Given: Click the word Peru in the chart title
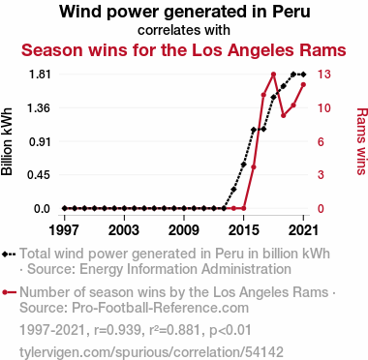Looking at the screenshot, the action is click(x=291, y=12).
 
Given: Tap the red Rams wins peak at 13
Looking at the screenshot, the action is click(x=274, y=75).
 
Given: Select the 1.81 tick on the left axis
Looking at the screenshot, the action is click(x=40, y=75).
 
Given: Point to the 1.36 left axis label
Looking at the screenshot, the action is click(x=40, y=107).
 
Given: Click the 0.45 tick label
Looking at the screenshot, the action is click(x=40, y=175).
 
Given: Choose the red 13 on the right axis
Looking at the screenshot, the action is click(x=323, y=75).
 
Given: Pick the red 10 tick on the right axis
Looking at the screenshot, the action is click(x=323, y=107).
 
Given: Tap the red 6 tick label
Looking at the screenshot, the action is click(x=321, y=141).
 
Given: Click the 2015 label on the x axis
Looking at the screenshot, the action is click(x=244, y=230).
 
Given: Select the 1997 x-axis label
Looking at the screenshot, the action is click(x=65, y=230).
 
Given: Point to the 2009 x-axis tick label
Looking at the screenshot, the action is click(x=184, y=230).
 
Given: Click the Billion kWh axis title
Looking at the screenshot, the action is click(x=7, y=141).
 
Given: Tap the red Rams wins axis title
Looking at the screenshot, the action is click(x=362, y=141).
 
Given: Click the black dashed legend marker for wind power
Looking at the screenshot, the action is click(x=9, y=254).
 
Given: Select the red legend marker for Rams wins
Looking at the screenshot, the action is click(x=9, y=292).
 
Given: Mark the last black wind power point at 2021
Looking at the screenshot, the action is click(x=303, y=75).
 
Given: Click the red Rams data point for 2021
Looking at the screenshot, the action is click(x=303, y=84).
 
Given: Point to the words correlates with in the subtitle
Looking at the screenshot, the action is click(x=184, y=30).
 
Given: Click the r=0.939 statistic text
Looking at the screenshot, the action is click(x=117, y=330).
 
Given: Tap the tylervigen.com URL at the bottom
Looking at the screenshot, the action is click(x=151, y=352).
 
